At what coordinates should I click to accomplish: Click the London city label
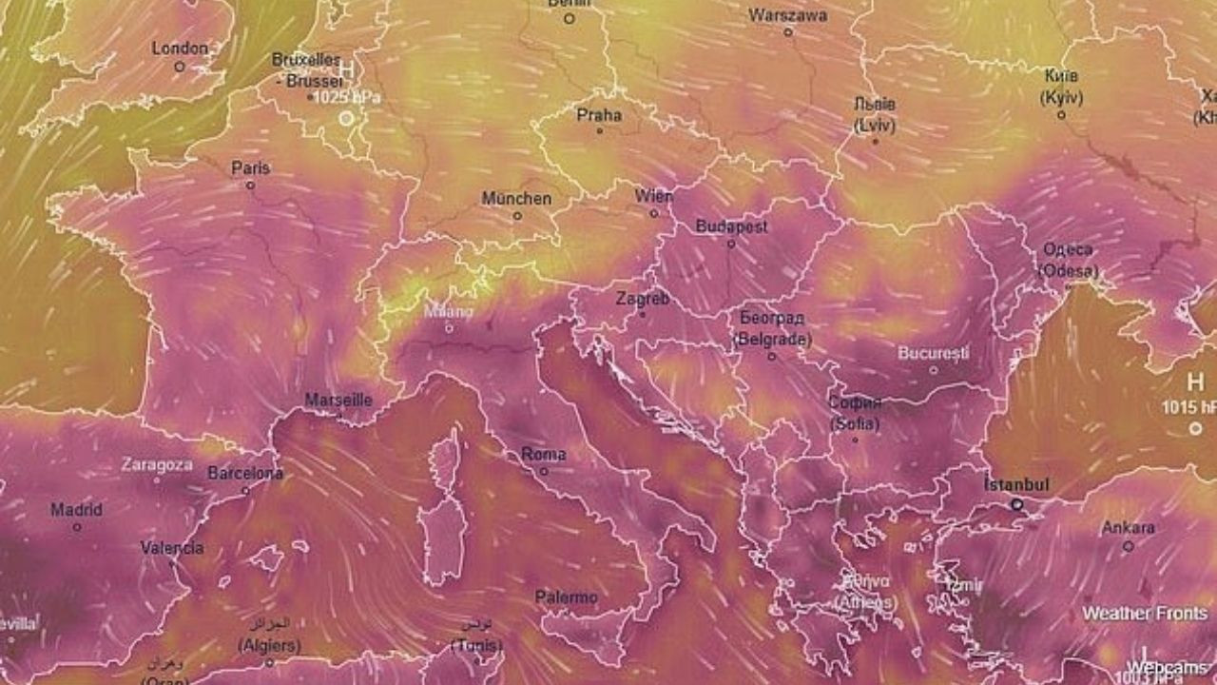[x=180, y=48]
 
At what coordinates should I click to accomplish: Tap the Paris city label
[x=251, y=168]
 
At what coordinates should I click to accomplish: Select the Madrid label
[x=76, y=510]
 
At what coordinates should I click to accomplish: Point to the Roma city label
[x=544, y=455]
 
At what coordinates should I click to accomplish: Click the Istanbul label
[x=1016, y=485]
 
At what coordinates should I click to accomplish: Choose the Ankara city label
[x=1129, y=528]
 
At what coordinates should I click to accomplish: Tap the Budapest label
[x=732, y=226]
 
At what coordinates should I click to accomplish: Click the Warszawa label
[x=787, y=15]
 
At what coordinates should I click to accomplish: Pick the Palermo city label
[x=567, y=597]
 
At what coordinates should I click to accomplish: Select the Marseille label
[x=338, y=401]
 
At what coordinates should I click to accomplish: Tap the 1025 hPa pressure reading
[x=348, y=98]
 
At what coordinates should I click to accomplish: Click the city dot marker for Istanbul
[x=1016, y=505]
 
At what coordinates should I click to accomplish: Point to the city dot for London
[x=180, y=67]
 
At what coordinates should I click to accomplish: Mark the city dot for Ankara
[x=1129, y=546]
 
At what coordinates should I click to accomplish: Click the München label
[x=516, y=199]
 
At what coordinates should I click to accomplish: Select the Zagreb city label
[x=643, y=299]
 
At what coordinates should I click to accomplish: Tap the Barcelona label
[x=245, y=473]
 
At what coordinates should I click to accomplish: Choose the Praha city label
[x=599, y=115]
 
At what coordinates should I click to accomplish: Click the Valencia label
[x=172, y=548]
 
